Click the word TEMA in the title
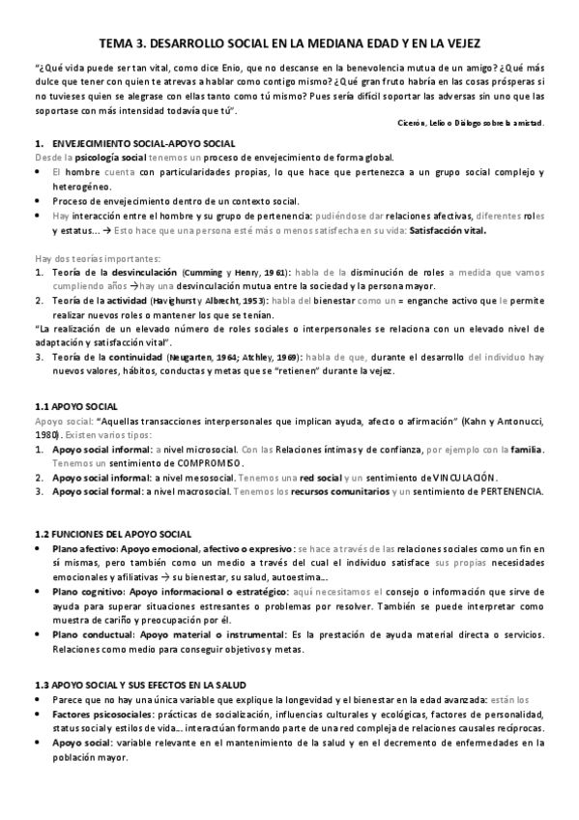pos(118,44)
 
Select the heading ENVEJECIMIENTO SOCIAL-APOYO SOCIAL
pos(130,142)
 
